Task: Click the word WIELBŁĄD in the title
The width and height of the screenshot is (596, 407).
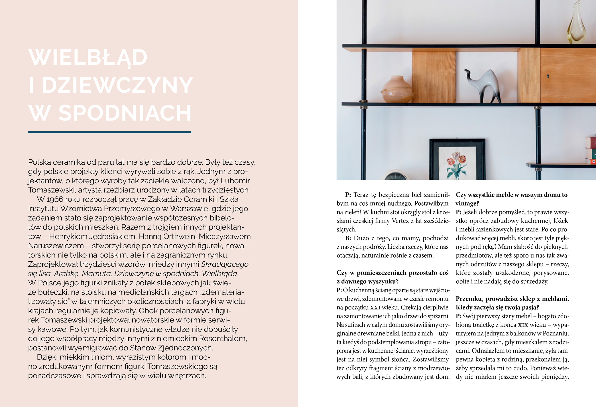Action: (x=88, y=57)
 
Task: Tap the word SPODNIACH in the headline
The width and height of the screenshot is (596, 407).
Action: (x=125, y=113)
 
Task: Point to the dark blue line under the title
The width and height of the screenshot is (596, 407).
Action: (x=110, y=132)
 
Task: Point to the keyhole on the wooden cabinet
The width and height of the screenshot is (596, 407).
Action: (x=548, y=76)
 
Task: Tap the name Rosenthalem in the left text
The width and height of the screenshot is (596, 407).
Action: (x=223, y=338)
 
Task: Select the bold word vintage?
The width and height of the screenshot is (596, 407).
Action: (x=467, y=204)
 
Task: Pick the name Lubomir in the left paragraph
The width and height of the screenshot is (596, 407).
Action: (x=235, y=181)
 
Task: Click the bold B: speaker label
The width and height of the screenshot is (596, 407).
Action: (x=348, y=238)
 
